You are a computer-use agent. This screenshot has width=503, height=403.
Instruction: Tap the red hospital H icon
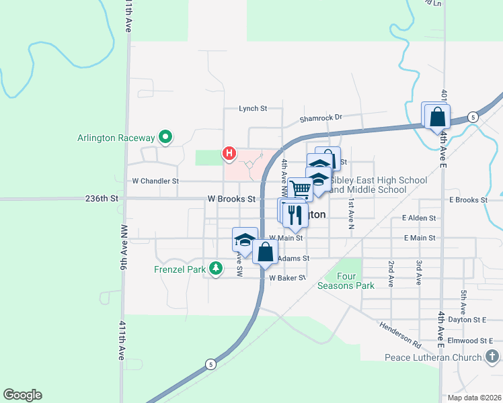point(229,154)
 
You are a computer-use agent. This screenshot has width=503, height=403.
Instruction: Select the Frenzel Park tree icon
point(215,269)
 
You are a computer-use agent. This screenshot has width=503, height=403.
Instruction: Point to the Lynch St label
point(253,108)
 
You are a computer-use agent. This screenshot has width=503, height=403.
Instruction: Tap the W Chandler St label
point(155,181)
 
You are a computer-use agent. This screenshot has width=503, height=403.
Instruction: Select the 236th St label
point(102,199)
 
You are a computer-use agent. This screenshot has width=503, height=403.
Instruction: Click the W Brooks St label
point(231,199)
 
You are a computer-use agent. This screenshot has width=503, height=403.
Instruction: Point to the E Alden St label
point(419,218)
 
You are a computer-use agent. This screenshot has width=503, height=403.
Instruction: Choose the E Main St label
point(420,238)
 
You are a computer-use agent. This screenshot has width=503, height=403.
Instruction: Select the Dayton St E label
point(465,320)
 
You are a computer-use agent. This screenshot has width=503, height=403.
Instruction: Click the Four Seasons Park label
point(346,280)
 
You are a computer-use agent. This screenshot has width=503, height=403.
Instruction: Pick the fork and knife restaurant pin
point(295,214)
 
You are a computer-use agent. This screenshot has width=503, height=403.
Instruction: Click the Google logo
point(22,395)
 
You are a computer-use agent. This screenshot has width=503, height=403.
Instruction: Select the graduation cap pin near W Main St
point(245,241)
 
